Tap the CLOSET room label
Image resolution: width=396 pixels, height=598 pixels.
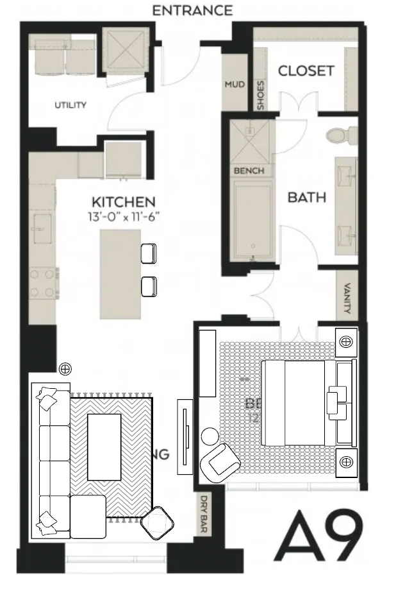306,71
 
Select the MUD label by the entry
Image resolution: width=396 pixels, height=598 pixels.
233,85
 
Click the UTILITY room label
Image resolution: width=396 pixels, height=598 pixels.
70,105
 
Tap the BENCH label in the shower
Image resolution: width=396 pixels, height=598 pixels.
249,171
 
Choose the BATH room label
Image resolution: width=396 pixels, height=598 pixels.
306,197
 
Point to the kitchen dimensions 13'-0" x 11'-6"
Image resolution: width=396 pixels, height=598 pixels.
124,217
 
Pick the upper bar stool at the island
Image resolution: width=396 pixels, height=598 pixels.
148,253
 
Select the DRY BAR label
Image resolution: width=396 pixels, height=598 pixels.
204,514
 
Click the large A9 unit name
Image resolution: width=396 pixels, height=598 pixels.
318,535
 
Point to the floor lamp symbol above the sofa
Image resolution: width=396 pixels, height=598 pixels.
65,369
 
